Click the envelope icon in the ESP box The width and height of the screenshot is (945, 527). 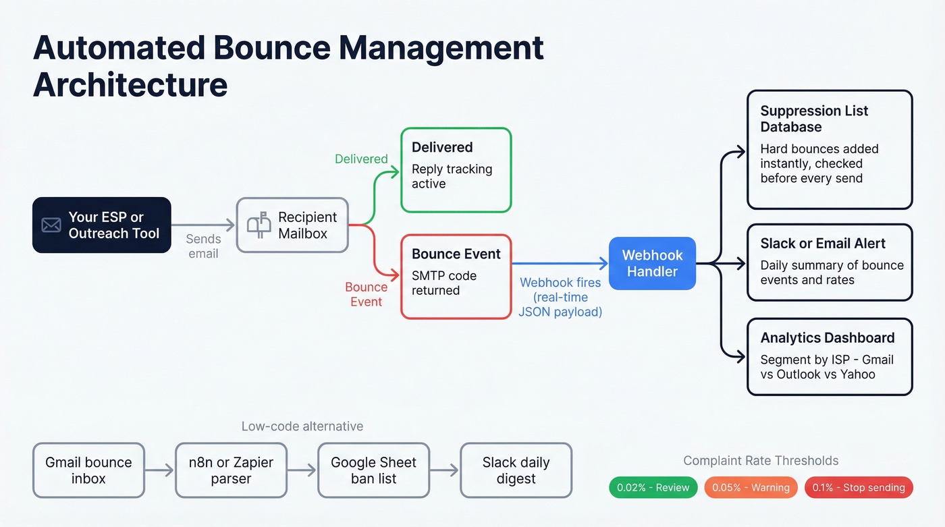[x=51, y=225]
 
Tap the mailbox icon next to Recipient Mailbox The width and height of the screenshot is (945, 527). [x=259, y=225]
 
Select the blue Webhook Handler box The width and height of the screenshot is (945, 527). [x=652, y=263]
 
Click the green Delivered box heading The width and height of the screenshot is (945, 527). [x=442, y=147]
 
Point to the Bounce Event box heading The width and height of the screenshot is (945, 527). [x=456, y=254]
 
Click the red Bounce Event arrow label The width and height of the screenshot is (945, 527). [x=366, y=294]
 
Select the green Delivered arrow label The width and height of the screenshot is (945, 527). [x=361, y=159]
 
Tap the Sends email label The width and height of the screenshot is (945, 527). [x=203, y=246]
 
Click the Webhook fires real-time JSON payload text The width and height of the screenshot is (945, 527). [x=560, y=297]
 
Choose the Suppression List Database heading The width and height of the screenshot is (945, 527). [x=814, y=119]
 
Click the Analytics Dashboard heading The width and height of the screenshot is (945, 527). [x=828, y=337]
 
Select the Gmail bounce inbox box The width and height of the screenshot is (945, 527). [x=88, y=470]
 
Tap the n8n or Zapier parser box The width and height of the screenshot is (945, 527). [x=231, y=470]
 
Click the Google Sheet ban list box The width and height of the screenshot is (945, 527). [x=373, y=470]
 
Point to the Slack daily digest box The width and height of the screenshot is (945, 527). [x=516, y=470]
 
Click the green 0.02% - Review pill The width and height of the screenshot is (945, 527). [x=653, y=487]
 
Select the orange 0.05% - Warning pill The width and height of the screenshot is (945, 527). [x=751, y=487]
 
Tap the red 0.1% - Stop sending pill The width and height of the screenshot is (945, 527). [x=859, y=487]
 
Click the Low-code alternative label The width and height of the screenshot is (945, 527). [x=302, y=426]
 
